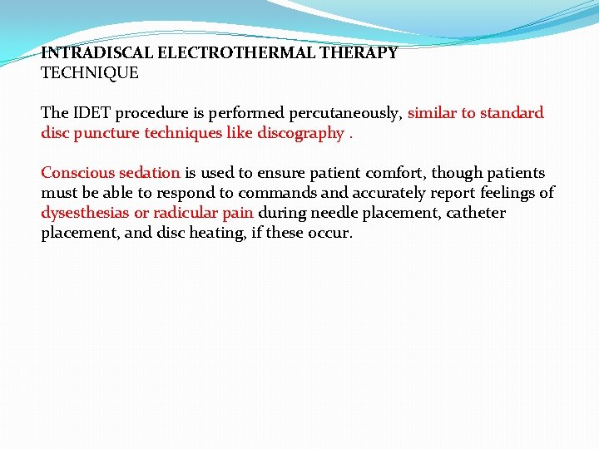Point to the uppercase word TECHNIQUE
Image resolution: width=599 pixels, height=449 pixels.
point(90,72)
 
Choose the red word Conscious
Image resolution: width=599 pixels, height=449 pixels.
point(77,173)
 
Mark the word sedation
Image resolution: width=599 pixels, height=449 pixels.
point(149,173)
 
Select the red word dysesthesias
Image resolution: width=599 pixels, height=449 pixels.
point(84,213)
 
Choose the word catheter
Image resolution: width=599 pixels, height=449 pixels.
point(476,213)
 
